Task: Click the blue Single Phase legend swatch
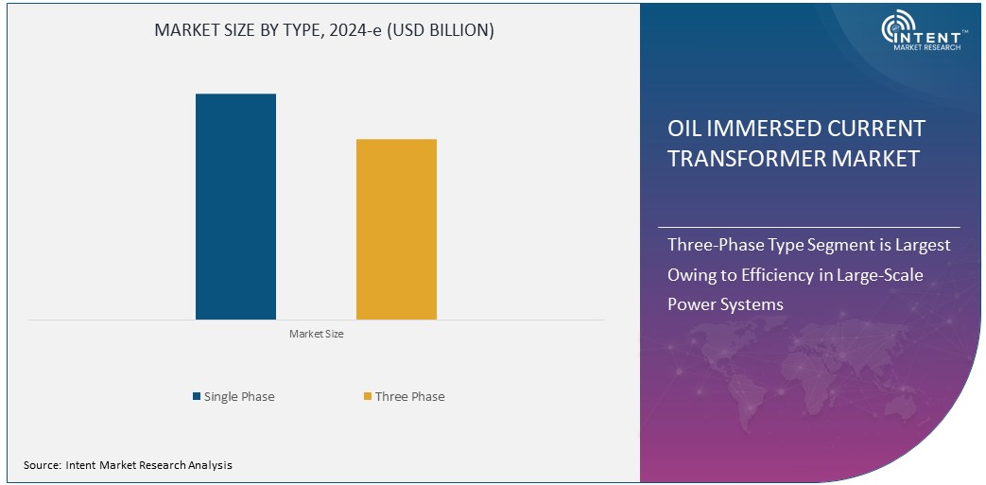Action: tap(197, 397)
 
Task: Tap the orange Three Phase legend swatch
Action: tap(368, 397)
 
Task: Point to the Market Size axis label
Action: tap(316, 335)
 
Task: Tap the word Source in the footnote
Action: tap(42, 465)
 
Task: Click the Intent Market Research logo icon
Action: tap(898, 31)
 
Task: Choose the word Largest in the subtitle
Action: tap(923, 245)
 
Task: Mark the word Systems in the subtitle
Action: tap(753, 304)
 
